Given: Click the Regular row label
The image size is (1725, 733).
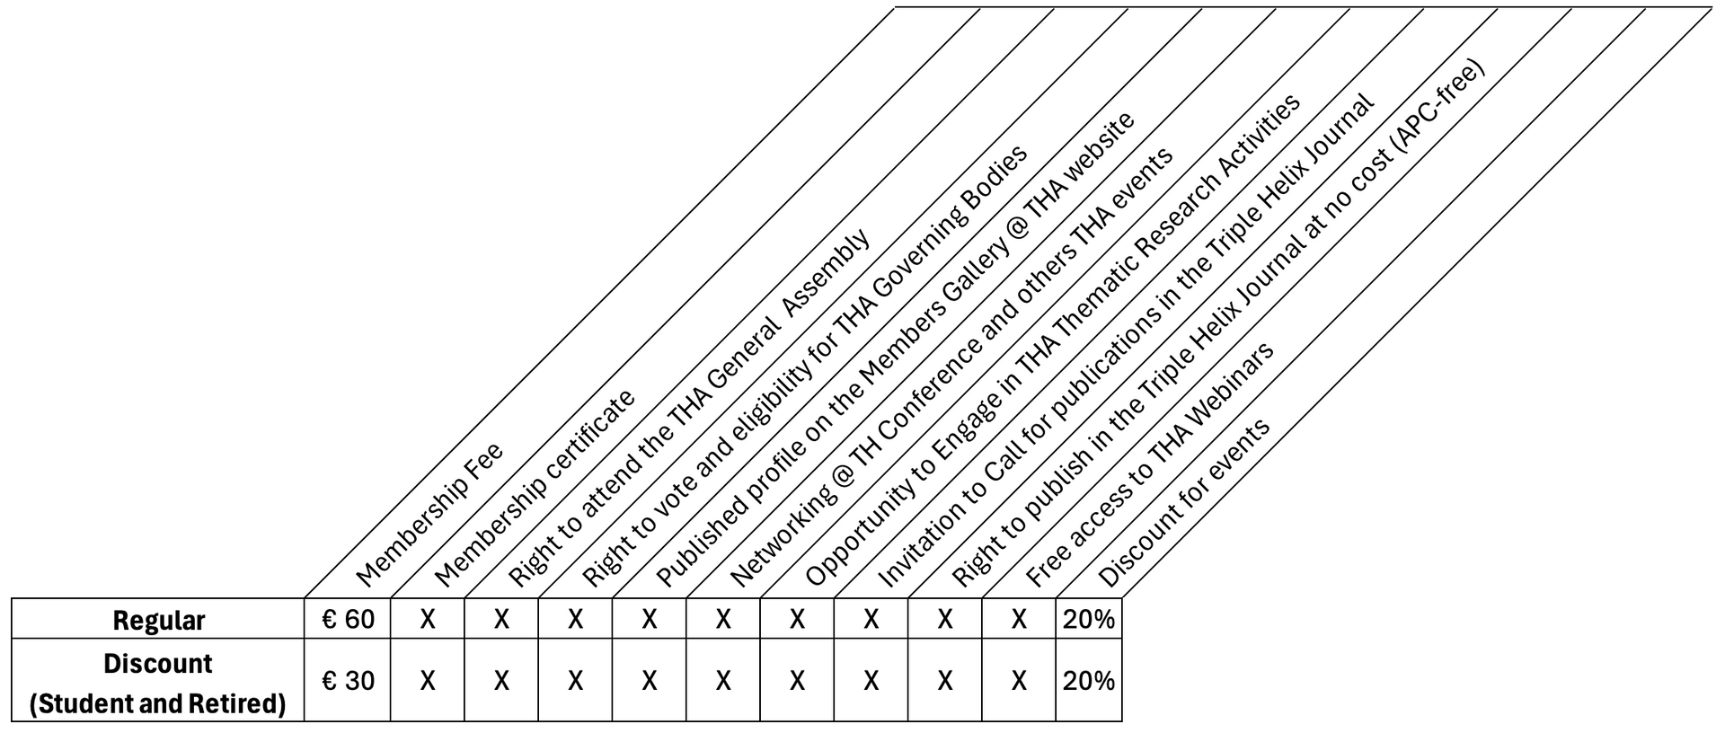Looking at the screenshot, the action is [x=158, y=621].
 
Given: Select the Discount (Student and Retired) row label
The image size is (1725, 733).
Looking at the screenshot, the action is [x=158, y=684].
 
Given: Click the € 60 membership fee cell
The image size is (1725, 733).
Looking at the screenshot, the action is [x=348, y=620].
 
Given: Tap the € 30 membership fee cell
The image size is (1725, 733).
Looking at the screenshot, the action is [x=348, y=681].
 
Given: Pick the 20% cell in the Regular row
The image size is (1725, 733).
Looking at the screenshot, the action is [x=1089, y=620].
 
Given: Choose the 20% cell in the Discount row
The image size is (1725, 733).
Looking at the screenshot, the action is [x=1089, y=681].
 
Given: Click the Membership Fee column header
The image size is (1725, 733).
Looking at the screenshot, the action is [x=429, y=514].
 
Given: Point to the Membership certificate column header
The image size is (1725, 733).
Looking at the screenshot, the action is [x=535, y=487].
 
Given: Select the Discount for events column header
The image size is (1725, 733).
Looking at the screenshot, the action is [x=1184, y=502].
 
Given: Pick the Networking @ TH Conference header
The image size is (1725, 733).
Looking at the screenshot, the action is [x=951, y=367].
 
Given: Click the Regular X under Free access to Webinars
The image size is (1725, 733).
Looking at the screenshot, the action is [x=1019, y=620].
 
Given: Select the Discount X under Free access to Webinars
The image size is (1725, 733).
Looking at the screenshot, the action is [x=1019, y=681].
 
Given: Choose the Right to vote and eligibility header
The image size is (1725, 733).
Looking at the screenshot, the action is [x=804, y=366].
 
